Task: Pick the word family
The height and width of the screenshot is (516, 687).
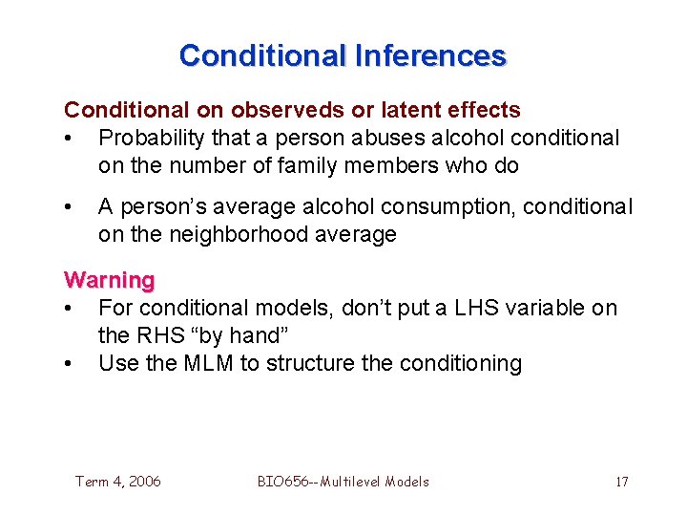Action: [328, 165]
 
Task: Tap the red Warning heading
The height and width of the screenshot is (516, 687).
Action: [109, 280]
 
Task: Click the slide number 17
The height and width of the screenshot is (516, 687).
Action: [621, 482]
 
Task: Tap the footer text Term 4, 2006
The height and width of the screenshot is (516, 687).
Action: [118, 482]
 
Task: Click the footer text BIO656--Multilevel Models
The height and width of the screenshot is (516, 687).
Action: [343, 482]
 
